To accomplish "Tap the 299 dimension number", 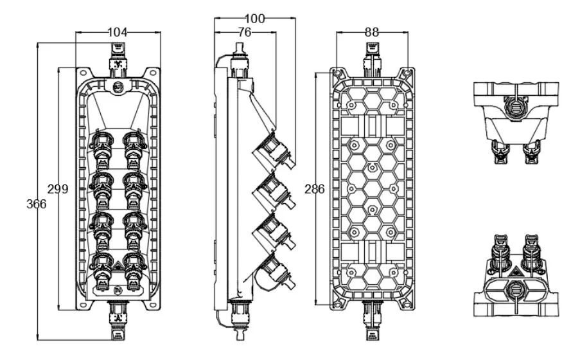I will click(x=58, y=188).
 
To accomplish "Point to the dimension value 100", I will click(x=255, y=19).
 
